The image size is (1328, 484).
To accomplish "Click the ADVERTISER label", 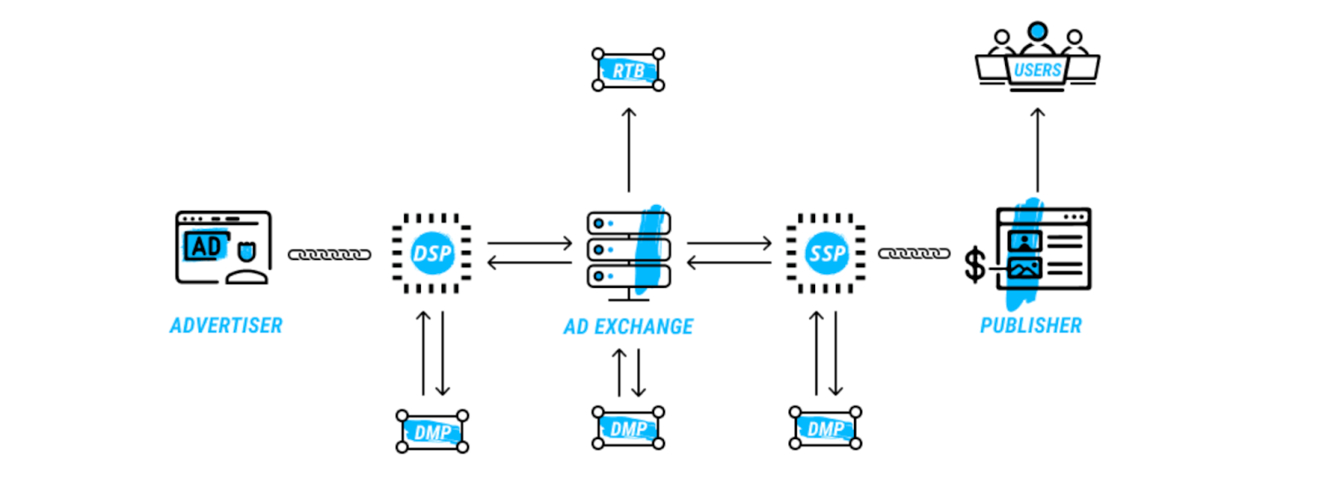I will pos(226,325).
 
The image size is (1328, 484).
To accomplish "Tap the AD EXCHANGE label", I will pos(628,326).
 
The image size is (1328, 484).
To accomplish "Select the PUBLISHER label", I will pos(1031,325).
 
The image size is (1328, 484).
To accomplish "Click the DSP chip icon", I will pos(432,253).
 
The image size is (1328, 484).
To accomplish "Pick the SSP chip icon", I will pos(826,253).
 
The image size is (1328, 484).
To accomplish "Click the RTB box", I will pos(628,70).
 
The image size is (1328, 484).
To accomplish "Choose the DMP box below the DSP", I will pos(432,432).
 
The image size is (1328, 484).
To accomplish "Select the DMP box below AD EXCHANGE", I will pos(628,428).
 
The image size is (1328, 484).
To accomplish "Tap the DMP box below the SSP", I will pos(825,428).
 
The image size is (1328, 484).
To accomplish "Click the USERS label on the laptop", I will pos(1037,70).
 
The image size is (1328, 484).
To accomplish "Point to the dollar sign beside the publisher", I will pos(974,266).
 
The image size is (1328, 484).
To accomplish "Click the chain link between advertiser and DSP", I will pos(330,254).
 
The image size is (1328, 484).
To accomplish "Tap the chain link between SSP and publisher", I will pos(914,253).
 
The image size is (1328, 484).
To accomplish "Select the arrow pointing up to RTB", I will pos(628,149).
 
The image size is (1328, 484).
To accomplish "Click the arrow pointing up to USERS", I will pos(1037,149).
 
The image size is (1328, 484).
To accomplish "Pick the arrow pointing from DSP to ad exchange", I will pos(530,243).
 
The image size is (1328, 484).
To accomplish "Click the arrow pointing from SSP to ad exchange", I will pos(729,263).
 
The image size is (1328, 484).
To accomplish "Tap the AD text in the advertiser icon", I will pos(205,247).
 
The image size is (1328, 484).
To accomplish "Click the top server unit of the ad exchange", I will pos(627,223).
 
